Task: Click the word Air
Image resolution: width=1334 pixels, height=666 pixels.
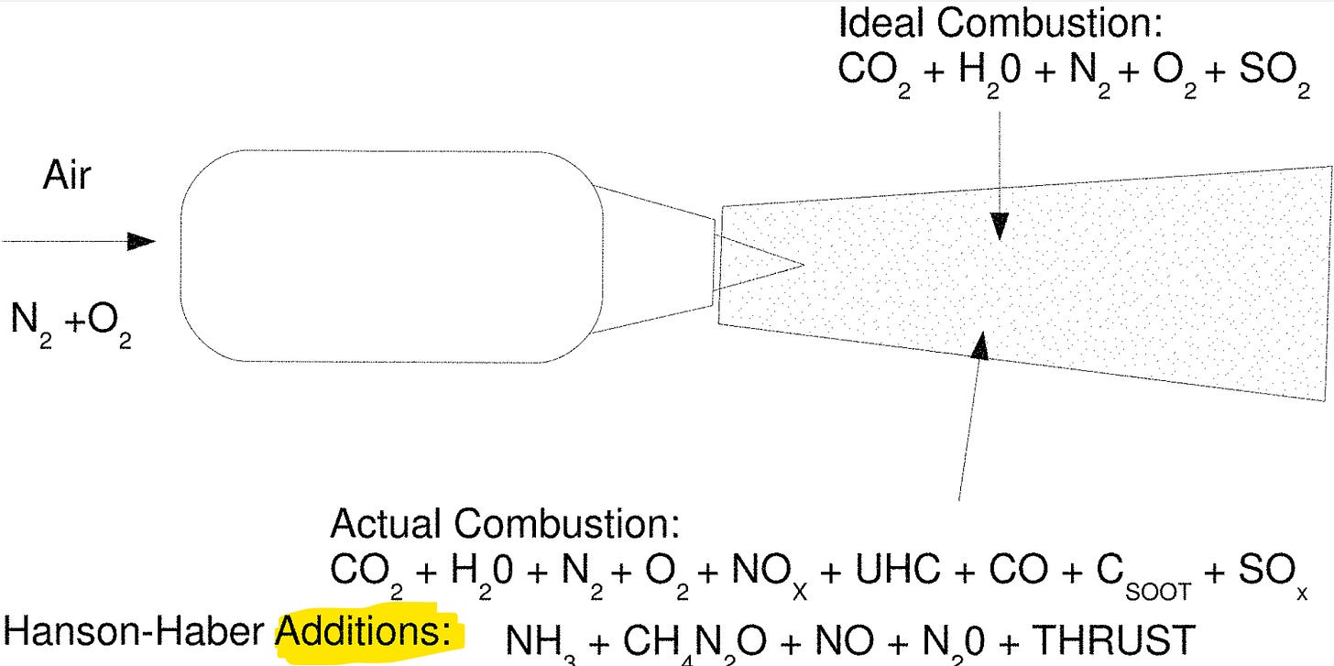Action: coord(67,176)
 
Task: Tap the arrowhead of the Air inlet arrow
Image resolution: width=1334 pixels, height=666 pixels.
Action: coord(141,242)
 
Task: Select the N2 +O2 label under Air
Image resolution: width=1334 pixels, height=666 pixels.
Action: coord(71,322)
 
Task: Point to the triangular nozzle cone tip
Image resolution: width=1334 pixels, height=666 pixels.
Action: coord(798,266)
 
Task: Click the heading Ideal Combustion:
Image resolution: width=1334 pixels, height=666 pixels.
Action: coord(1000,24)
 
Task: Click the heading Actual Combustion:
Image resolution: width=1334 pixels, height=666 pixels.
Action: coord(505,524)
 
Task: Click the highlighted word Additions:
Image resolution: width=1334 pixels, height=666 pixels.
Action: coord(366,631)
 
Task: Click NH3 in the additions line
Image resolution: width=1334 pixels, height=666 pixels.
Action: coord(538,641)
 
